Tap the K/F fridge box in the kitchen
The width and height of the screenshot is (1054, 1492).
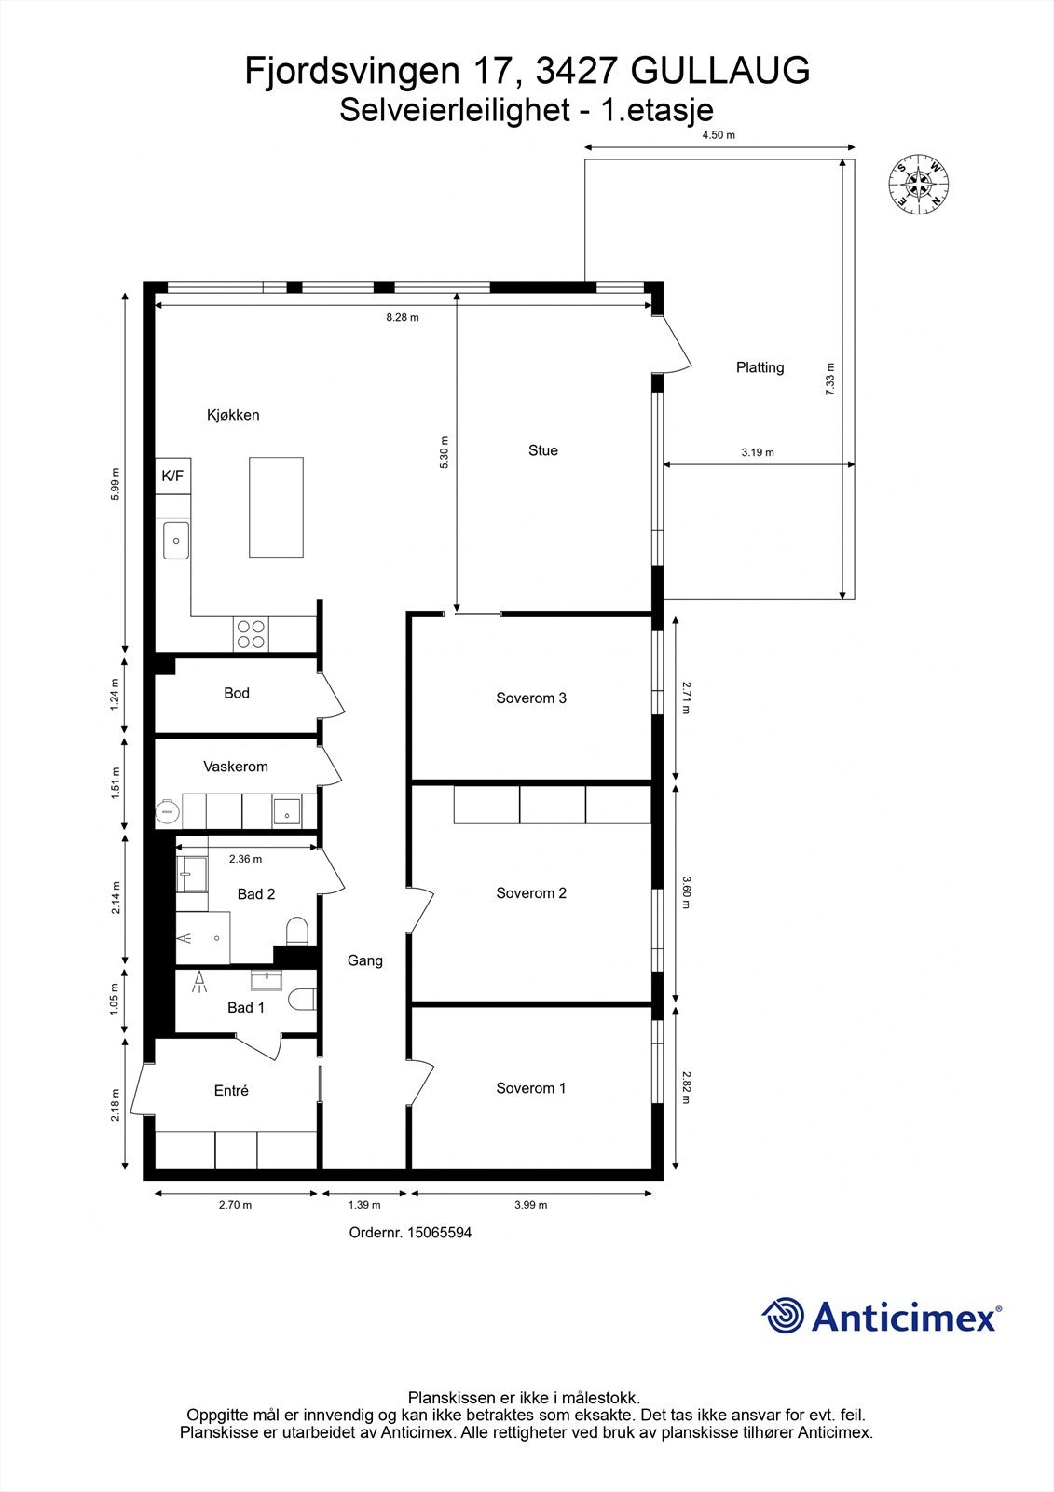173,476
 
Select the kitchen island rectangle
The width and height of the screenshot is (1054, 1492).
276,507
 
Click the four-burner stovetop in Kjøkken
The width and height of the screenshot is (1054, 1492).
251,634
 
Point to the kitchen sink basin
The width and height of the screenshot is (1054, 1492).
176,541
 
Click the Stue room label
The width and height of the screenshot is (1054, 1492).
543,450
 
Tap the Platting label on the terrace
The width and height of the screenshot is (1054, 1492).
760,367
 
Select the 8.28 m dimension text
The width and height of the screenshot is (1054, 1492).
403,317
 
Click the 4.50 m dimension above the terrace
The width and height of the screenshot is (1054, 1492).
719,135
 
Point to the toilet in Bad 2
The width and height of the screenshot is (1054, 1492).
297,930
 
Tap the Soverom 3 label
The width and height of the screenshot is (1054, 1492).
531,698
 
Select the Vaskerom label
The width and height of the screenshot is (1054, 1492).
236,767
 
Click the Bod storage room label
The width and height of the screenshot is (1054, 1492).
237,693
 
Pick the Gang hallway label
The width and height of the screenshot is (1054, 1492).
365,960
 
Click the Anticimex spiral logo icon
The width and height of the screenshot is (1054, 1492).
783,1316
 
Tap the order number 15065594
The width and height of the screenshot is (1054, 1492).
436,1233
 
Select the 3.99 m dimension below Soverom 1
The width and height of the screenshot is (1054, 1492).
531,1205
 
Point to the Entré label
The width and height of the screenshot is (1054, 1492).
231,1090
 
